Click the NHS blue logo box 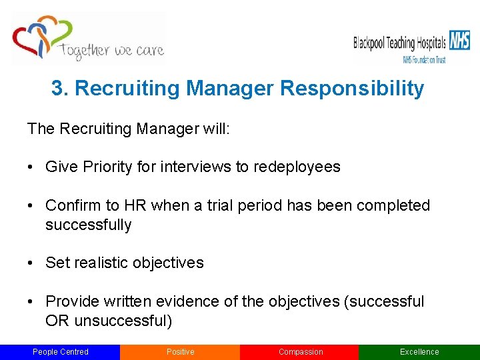coord(458,41)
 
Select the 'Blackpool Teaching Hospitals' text coord(399,43)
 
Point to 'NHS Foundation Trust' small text coord(423,59)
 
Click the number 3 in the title coord(57,89)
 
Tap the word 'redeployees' coord(297,167)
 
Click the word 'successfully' coord(88,225)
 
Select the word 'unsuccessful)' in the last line coord(123,321)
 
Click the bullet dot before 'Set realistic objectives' coord(31,263)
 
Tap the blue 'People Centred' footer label coord(60,352)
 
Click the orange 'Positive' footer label coord(180,352)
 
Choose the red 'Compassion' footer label coord(300,352)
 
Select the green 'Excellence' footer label coord(419,352)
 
